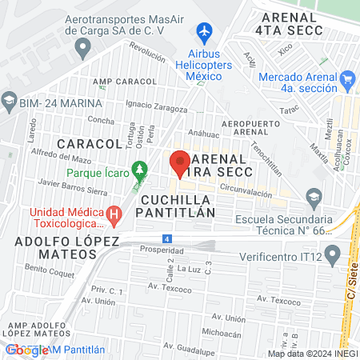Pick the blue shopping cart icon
pos(347,79)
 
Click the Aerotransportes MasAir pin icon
pos(82,49)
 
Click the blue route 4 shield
pos(166,238)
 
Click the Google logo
pos(26,350)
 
